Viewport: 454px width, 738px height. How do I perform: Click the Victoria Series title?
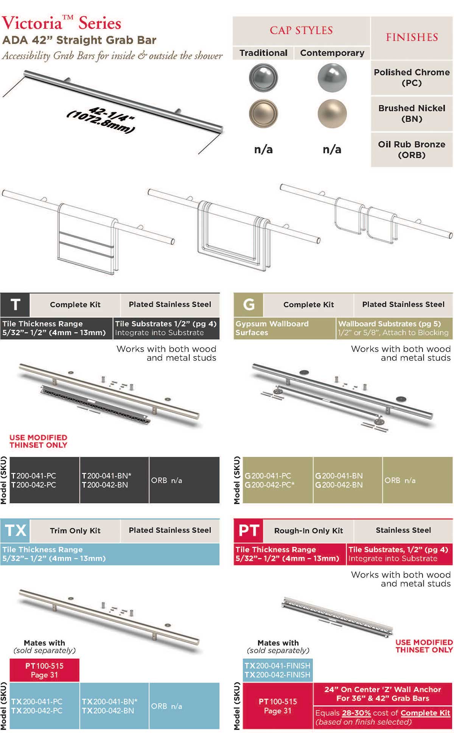[x=61, y=23]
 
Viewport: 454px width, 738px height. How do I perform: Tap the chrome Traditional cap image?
[x=263, y=78]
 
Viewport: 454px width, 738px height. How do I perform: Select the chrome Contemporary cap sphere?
[x=332, y=78]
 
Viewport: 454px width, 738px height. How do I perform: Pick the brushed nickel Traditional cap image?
[x=263, y=114]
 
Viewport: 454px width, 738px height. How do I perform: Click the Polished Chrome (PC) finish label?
[x=412, y=77]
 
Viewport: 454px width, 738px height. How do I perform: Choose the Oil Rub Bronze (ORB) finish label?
[x=412, y=149]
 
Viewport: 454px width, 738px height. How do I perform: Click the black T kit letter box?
[x=15, y=305]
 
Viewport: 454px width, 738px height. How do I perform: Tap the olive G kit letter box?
[x=249, y=305]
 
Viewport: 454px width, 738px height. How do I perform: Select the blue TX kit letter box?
[x=15, y=530]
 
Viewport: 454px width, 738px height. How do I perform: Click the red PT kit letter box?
[x=249, y=530]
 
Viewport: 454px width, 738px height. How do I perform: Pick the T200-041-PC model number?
[x=34, y=476]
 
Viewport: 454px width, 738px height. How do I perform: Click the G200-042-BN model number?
[x=339, y=485]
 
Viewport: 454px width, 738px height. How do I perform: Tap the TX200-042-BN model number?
[x=108, y=711]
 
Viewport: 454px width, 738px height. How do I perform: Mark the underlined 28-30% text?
[x=356, y=713]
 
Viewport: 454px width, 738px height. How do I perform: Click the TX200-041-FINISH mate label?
[x=277, y=666]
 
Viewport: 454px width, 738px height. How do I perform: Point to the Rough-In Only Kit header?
[x=308, y=531]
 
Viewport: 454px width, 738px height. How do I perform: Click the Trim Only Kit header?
[x=75, y=531]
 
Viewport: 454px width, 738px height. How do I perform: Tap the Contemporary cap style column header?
[x=332, y=53]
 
